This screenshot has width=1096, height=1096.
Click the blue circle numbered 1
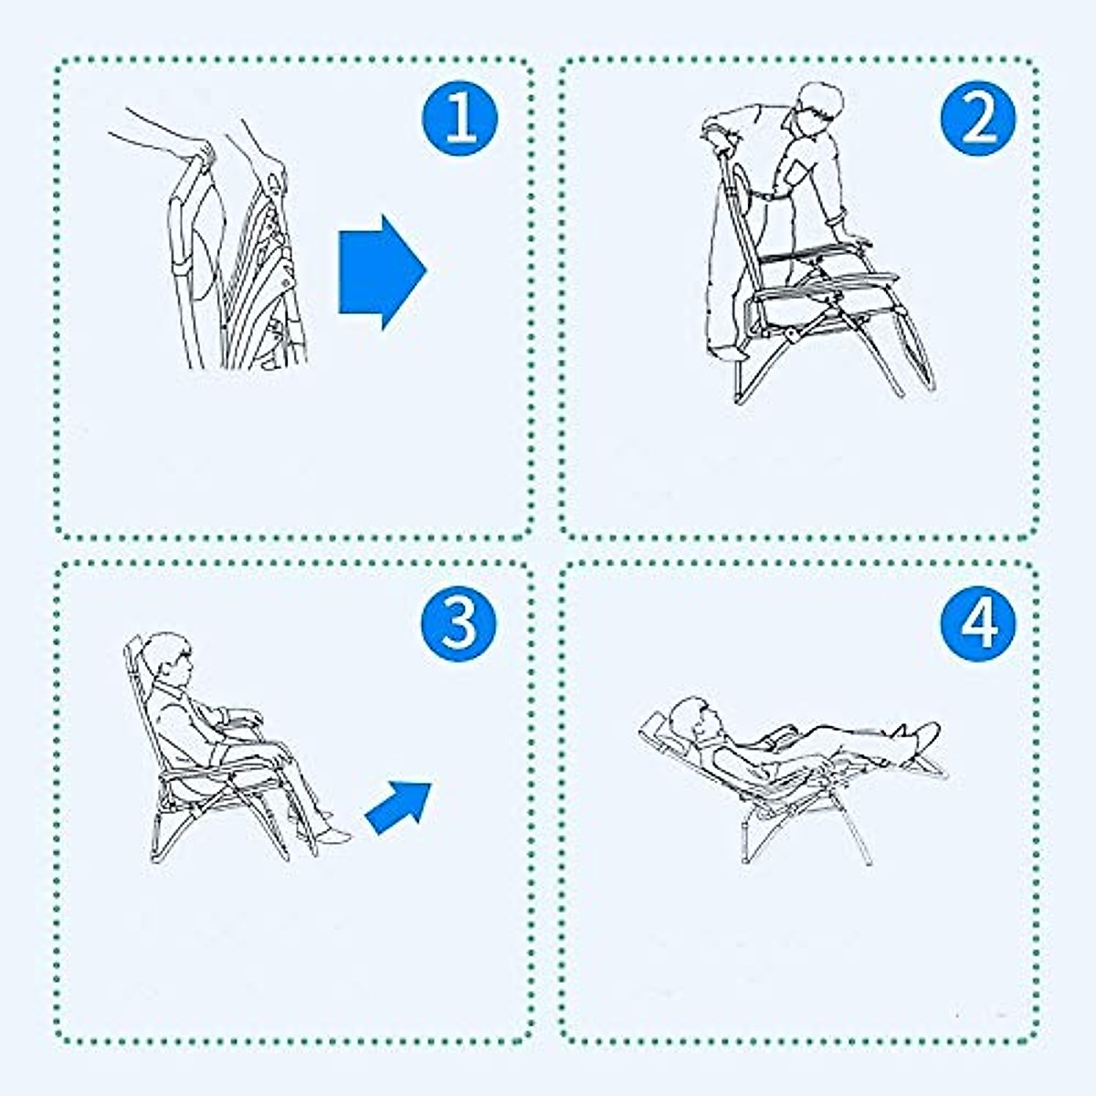[x=459, y=118]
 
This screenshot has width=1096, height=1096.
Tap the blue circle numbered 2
[x=977, y=118]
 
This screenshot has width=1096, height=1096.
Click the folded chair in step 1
[x=242, y=274]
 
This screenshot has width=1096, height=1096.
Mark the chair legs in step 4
[x=804, y=827]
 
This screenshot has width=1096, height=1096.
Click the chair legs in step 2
[x=822, y=365]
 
